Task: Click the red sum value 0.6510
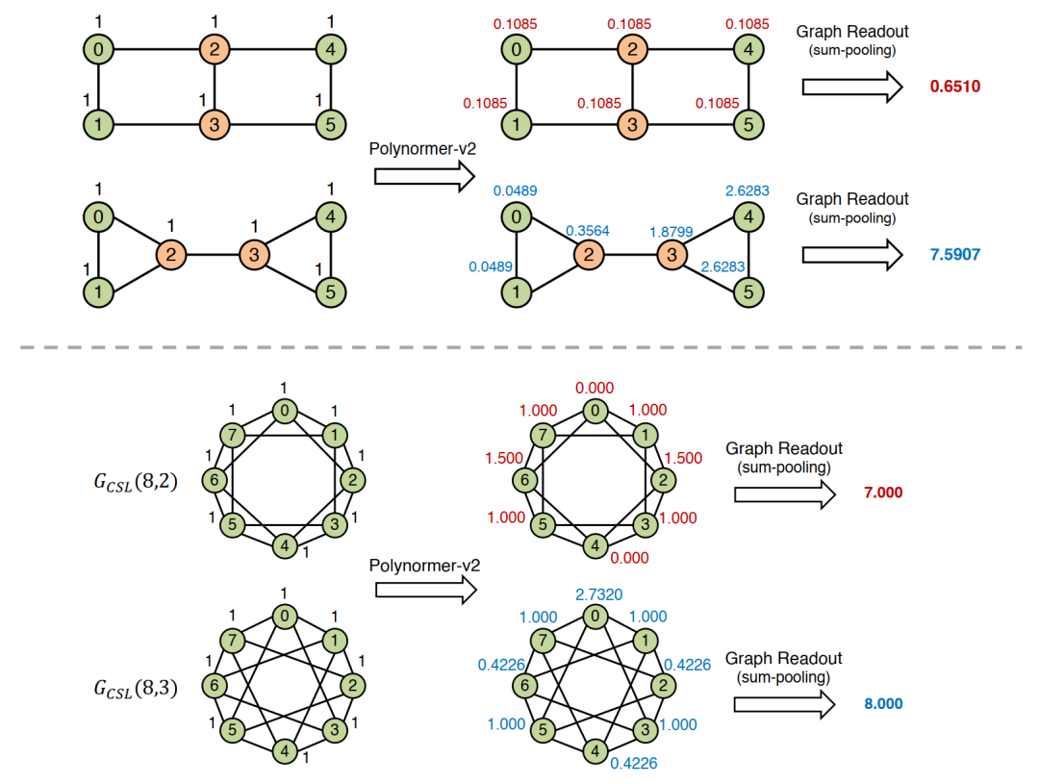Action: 955,87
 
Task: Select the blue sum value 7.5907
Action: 955,254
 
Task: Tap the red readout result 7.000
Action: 883,493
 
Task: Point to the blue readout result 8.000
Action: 883,703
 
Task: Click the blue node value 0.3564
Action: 588,231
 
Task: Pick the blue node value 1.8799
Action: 672,232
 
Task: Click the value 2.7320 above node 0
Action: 599,594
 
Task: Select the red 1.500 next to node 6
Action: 504,458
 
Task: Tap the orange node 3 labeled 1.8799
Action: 672,255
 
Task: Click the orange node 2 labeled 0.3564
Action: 589,255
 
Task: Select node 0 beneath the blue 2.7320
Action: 596,617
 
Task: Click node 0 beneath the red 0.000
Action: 596,412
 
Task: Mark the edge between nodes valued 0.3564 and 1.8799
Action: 630,255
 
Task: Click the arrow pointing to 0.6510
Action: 852,87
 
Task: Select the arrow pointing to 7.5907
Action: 852,255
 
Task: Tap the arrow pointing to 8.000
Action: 785,704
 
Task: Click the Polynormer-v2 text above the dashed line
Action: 422,149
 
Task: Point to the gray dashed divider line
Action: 520,347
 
